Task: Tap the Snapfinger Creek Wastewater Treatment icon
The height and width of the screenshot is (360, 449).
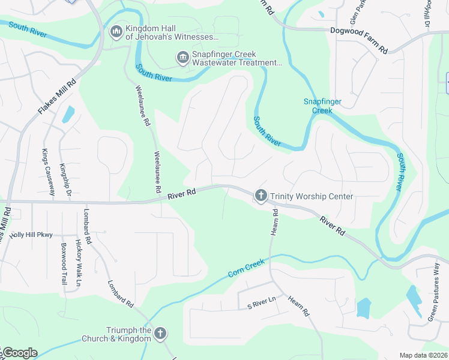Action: pyautogui.click(x=182, y=57)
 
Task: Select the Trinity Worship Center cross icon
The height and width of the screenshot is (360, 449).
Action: pyautogui.click(x=261, y=196)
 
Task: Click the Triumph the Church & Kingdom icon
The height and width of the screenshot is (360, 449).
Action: pyautogui.click(x=160, y=334)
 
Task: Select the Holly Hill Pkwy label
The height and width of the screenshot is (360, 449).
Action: pyautogui.click(x=31, y=235)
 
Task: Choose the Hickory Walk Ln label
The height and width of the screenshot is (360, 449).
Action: pyautogui.click(x=78, y=263)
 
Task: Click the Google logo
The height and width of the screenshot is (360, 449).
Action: pyautogui.click(x=19, y=353)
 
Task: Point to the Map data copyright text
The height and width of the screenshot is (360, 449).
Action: pyautogui.click(x=423, y=355)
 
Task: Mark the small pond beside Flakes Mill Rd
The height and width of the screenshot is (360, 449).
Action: pyautogui.click(x=68, y=114)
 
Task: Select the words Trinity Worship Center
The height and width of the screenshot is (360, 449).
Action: pyautogui.click(x=312, y=196)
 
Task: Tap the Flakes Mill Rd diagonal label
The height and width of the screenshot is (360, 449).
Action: pyautogui.click(x=58, y=98)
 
